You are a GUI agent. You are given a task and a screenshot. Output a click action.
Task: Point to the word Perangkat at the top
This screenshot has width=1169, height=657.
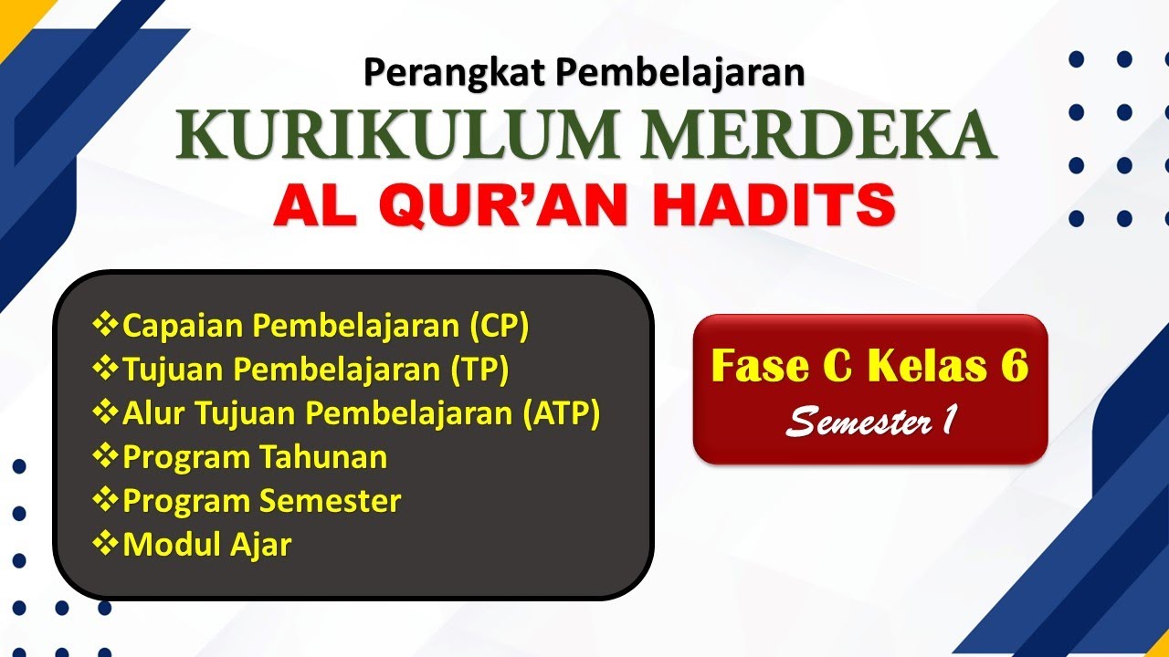click(443, 71)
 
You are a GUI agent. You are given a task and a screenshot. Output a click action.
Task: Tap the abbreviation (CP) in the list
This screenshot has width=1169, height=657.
click(499, 325)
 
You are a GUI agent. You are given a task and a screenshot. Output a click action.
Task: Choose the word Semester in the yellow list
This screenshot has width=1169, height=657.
click(330, 500)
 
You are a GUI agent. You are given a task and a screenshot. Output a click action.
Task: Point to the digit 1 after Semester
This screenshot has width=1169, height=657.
click(949, 419)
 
